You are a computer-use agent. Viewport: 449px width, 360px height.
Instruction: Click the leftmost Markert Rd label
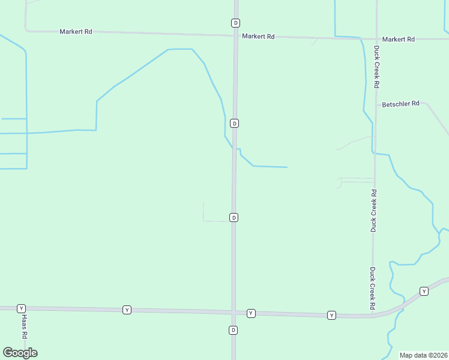[x=76, y=31]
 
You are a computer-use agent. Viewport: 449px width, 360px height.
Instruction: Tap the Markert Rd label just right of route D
[x=258, y=37]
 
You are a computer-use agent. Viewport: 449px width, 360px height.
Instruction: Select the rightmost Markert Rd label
[x=399, y=40]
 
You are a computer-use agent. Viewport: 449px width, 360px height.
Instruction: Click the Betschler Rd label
[x=401, y=104]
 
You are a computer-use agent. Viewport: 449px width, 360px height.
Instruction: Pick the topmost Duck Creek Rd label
[x=377, y=67]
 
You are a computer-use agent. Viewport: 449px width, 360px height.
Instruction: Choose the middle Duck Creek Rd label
[x=373, y=211]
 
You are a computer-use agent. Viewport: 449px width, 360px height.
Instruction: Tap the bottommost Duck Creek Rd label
[x=373, y=289]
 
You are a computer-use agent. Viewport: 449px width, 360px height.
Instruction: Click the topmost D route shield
[x=235, y=23]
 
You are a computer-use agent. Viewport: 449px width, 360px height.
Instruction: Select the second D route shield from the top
[x=235, y=123]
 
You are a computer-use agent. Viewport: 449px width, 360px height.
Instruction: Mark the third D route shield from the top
[x=234, y=217]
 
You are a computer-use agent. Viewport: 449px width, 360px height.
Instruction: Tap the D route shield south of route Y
[x=234, y=330]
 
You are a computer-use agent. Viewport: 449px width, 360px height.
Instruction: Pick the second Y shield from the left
[x=127, y=310]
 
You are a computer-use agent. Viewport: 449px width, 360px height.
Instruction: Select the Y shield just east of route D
[x=251, y=313]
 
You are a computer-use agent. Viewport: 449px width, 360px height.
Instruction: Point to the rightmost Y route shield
[x=424, y=291]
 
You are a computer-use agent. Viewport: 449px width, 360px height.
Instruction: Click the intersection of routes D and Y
[x=234, y=313]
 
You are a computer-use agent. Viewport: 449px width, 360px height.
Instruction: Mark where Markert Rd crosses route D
[x=235, y=35]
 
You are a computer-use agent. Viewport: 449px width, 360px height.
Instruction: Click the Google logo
[x=20, y=353]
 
